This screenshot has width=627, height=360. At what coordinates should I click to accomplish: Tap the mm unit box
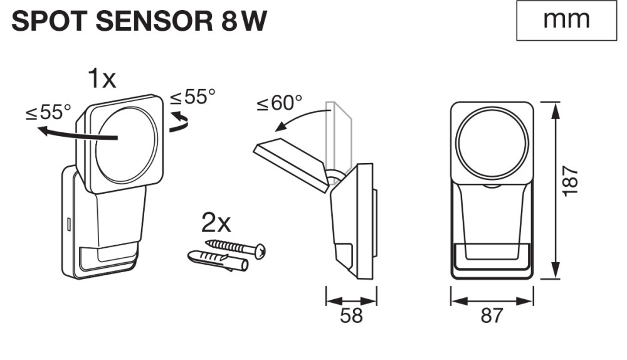(x=566, y=20)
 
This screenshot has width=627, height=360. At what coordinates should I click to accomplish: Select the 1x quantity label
(x=102, y=79)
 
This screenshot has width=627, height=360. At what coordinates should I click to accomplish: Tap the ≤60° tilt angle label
(x=279, y=103)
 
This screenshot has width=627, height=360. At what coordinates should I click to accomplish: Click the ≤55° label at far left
(x=48, y=112)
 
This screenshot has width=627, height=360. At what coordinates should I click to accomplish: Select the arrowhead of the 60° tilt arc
(x=278, y=127)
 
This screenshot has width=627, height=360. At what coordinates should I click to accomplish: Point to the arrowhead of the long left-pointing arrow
(x=40, y=132)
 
